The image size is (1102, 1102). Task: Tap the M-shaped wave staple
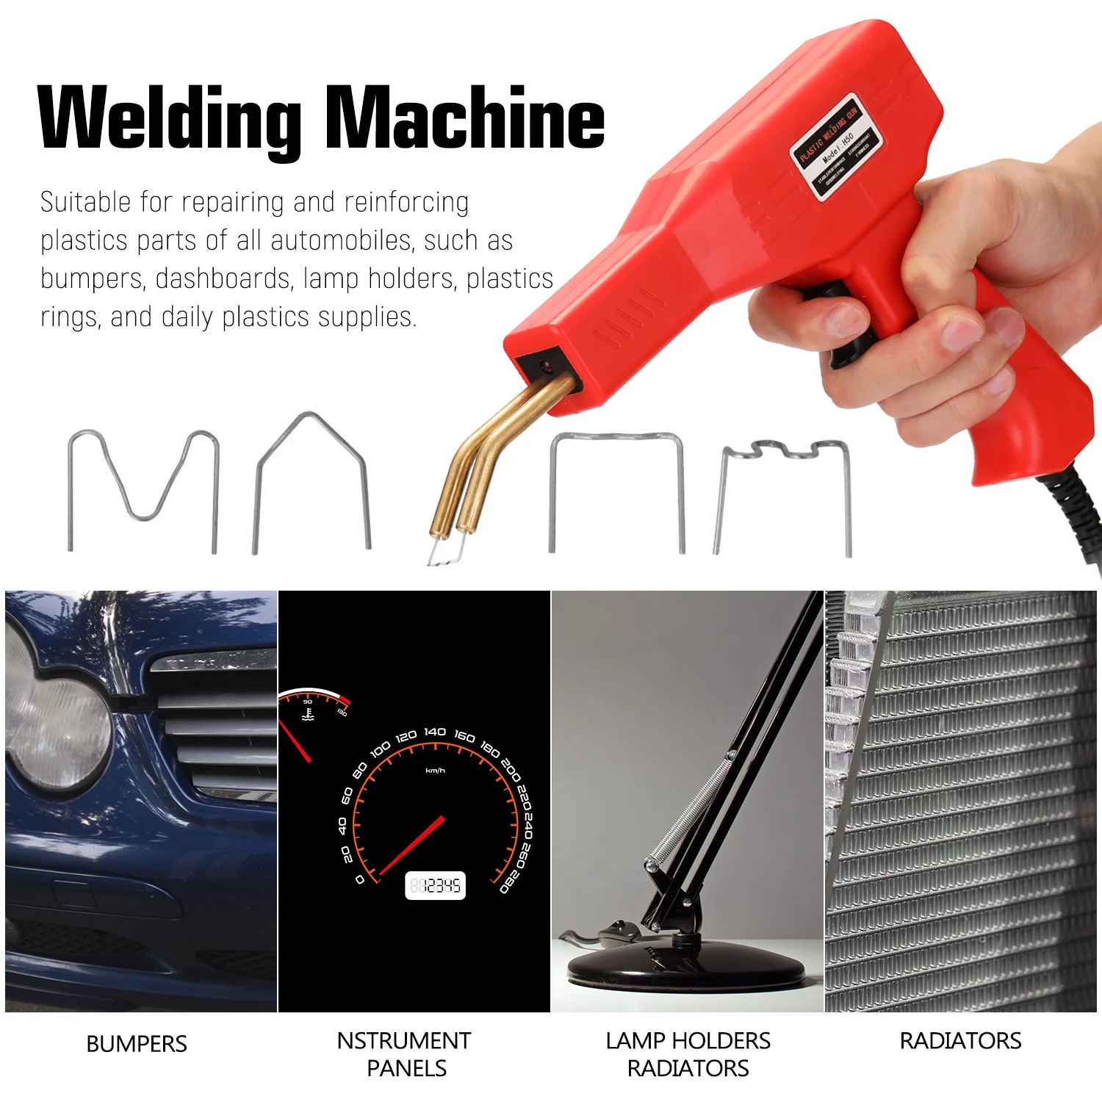click(144, 485)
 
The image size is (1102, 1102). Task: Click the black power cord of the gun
click(1080, 514)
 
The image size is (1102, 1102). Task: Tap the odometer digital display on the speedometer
click(436, 885)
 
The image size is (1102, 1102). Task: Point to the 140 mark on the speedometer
click(435, 732)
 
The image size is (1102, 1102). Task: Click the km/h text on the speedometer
click(435, 771)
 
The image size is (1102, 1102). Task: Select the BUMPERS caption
click(137, 1044)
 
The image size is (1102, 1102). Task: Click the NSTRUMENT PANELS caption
click(404, 1054)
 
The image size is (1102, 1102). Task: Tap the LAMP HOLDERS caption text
click(688, 1041)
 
